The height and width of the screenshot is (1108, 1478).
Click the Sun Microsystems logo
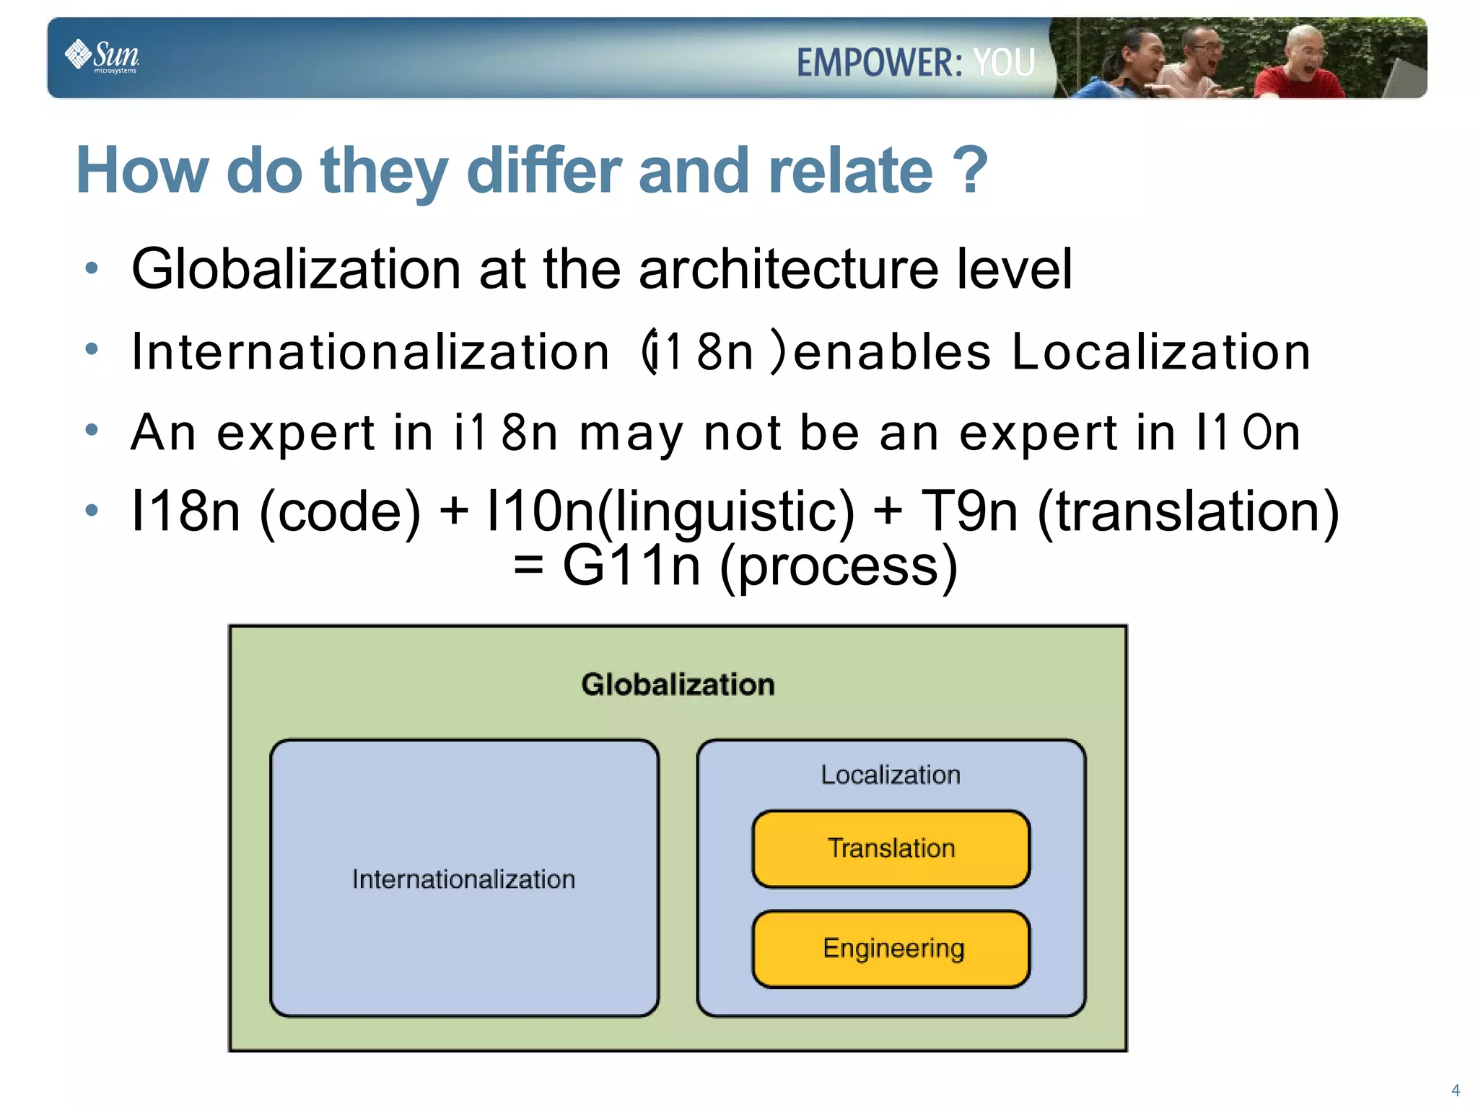(102, 56)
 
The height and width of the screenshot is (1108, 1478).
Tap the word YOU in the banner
(1004, 63)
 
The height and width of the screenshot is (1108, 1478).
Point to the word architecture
(789, 268)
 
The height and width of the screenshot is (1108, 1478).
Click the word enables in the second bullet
(892, 352)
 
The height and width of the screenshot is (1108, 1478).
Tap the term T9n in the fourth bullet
(969, 511)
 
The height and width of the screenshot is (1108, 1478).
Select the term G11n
(631, 566)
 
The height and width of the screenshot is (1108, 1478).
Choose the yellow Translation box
(891, 848)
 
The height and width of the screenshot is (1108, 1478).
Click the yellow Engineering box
(891, 949)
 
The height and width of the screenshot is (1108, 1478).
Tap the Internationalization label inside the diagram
(463, 879)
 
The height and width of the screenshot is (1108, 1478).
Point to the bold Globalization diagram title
(678, 685)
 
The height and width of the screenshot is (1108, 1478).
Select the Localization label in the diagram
(891, 775)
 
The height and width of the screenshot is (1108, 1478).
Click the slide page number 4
(1455, 1090)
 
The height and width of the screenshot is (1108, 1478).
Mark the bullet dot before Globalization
(92, 268)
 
